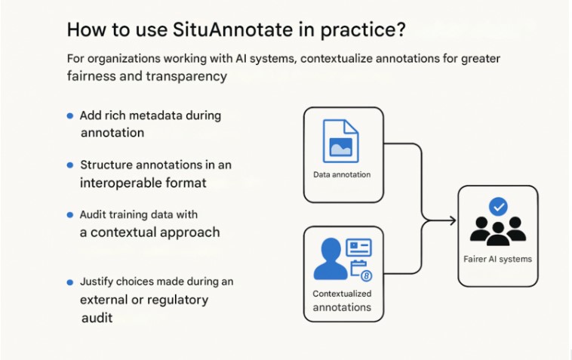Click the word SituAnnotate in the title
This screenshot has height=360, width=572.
(232, 29)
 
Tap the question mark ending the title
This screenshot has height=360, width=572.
(401, 29)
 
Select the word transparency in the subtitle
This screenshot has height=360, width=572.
(186, 76)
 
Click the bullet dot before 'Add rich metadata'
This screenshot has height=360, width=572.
(70, 116)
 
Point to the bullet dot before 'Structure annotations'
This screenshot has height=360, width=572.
(70, 165)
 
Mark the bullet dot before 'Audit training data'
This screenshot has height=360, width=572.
(70, 215)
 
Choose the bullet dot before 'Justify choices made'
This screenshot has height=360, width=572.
(70, 282)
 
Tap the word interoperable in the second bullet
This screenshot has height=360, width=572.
(121, 183)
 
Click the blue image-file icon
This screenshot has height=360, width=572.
(341, 141)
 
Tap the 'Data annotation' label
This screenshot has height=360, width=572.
(342, 174)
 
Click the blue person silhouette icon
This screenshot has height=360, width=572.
(331, 259)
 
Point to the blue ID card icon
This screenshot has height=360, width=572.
(358, 248)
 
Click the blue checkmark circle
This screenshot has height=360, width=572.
(498, 207)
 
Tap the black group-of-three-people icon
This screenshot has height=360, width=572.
(498, 231)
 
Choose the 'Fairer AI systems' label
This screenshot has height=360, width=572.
(497, 260)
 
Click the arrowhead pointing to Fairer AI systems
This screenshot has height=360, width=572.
(453, 220)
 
